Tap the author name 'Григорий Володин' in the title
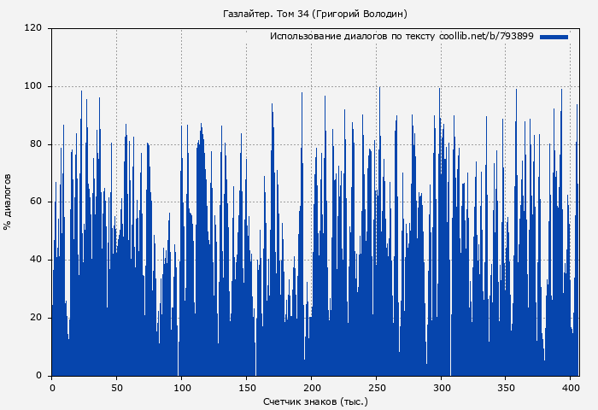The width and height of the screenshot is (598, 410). click(361, 14)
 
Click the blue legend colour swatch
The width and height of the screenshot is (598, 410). click(554, 37)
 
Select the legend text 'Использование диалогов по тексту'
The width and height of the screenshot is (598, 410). click(353, 37)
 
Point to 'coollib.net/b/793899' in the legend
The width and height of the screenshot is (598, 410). click(486, 37)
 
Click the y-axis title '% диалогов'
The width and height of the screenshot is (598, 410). click(8, 202)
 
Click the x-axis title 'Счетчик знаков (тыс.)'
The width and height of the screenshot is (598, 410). click(315, 401)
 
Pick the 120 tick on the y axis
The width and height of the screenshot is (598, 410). click(33, 28)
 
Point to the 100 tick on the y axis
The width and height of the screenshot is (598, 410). click(33, 86)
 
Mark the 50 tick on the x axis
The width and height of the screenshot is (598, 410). click(116, 386)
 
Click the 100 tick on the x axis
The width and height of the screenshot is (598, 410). click(181, 386)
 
